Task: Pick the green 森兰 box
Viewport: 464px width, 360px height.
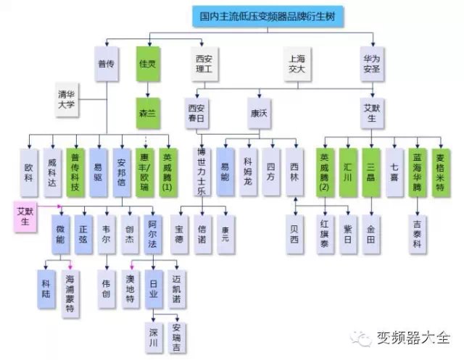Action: coord(148,113)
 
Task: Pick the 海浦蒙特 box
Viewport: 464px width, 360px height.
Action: coord(70,288)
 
